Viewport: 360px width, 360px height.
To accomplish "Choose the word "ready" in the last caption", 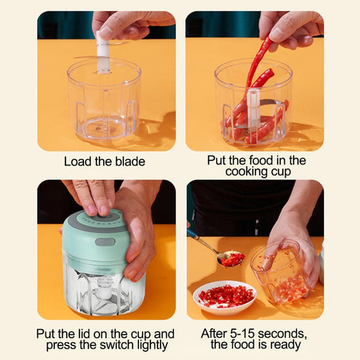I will (283, 345).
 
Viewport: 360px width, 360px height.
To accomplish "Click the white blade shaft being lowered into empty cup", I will (103, 54).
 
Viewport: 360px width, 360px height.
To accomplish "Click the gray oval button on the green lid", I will (104, 242).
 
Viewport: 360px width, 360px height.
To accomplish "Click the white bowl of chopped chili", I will (225, 297).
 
